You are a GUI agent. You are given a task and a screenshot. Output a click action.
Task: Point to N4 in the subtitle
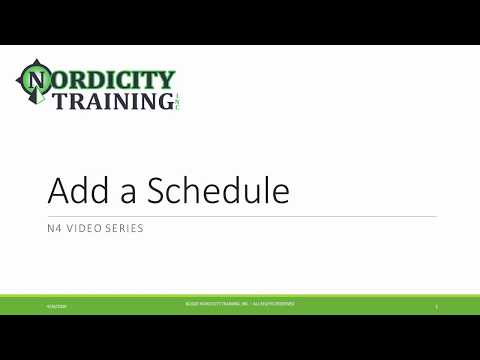click(x=55, y=228)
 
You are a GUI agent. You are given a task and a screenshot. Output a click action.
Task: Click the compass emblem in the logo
click(x=35, y=83)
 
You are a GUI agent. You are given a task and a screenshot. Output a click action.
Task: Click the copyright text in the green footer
click(x=239, y=302)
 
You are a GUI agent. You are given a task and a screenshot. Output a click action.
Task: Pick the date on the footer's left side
click(x=52, y=305)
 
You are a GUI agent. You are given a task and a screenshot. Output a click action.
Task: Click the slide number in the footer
click(x=437, y=305)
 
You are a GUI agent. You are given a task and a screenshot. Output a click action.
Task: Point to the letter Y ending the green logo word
click(x=167, y=78)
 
